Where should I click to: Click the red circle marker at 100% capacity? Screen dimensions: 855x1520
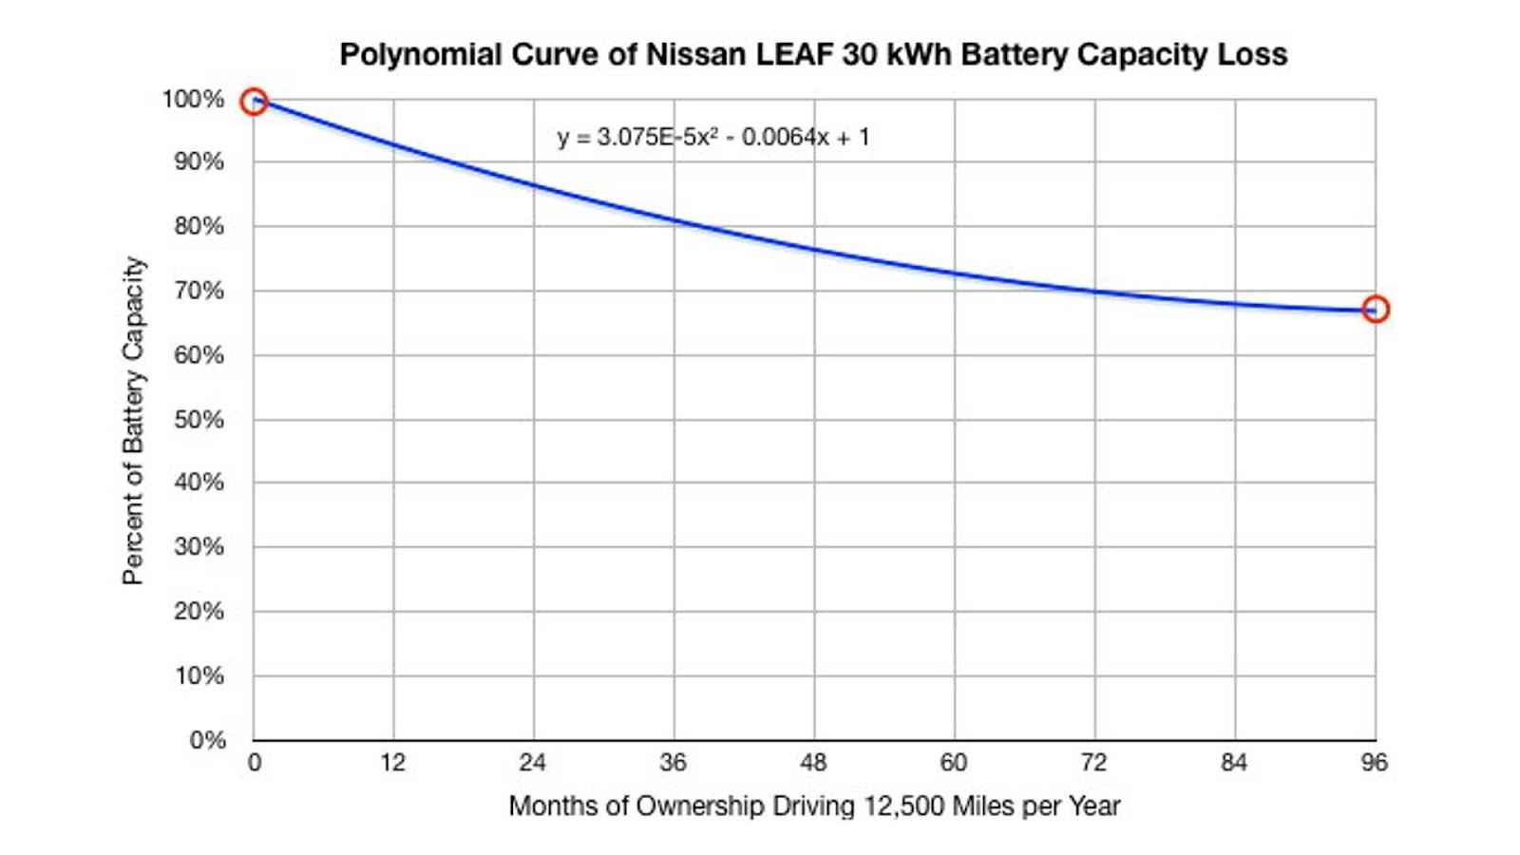[x=254, y=102]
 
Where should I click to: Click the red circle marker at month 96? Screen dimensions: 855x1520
[x=1375, y=309]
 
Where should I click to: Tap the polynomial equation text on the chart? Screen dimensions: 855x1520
[x=713, y=138]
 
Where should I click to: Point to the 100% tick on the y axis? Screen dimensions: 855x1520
[x=193, y=99]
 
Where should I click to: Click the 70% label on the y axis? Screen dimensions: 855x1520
[x=199, y=291]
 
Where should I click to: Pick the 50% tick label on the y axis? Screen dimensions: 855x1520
[x=199, y=419]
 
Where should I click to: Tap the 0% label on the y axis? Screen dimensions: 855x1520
[x=206, y=740]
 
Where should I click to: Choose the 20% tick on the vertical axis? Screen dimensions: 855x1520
[x=199, y=611]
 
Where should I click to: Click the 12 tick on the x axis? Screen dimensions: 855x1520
[x=393, y=762]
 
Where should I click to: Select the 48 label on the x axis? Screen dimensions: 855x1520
[x=814, y=762]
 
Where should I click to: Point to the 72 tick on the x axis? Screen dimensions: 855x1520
[x=1094, y=762]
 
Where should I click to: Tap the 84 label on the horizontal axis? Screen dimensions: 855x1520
[x=1234, y=762]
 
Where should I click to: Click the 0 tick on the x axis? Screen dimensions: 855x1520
[x=255, y=762]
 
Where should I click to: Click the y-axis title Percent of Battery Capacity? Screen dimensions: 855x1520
[x=134, y=420]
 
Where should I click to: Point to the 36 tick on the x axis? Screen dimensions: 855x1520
[x=674, y=762]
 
